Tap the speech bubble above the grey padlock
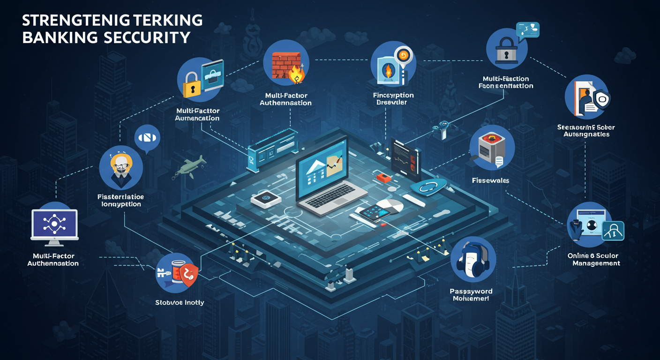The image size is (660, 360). point(528,30)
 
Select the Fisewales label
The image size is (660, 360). point(490,180)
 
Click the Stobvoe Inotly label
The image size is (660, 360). point(180,302)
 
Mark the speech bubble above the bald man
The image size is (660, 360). point(147,138)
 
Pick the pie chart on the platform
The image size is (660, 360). point(391,207)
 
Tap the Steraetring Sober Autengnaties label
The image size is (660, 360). point(586,131)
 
